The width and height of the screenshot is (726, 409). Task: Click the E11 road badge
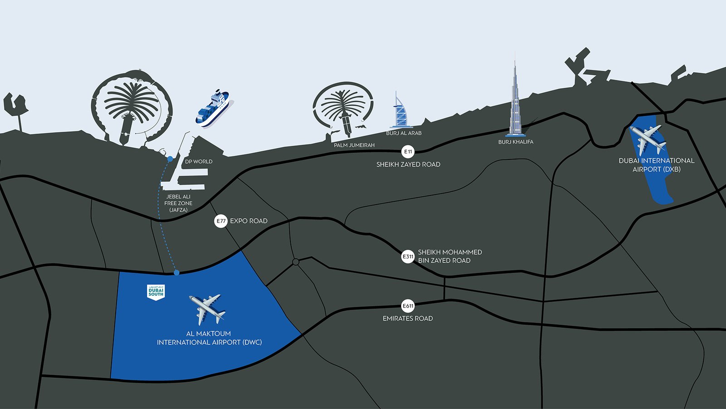coord(408,152)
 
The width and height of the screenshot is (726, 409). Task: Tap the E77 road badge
coord(221,221)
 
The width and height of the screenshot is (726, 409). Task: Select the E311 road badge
coord(408,257)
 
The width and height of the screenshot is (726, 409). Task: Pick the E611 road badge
coord(408,306)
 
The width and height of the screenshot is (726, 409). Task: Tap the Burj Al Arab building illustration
coord(400,112)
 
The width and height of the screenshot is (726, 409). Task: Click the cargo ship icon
coord(212,108)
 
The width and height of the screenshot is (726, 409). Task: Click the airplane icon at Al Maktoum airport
coord(207,309)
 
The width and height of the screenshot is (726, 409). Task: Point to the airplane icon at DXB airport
coord(648,139)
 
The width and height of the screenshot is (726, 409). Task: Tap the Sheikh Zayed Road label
coord(408,165)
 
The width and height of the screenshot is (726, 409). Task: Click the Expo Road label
coord(249,221)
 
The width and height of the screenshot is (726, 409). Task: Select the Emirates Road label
coord(407,319)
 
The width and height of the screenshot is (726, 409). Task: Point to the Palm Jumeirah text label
coord(354,145)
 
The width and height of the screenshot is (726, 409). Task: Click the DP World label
coord(199,162)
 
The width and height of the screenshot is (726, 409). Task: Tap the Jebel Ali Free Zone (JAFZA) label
coord(178,203)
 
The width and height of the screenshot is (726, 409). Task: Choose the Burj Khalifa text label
coord(515,142)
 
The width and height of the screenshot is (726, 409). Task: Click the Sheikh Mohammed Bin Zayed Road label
coord(450,256)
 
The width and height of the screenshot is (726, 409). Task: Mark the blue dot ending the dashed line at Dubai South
coord(177,273)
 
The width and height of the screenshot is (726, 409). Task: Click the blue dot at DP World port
coord(170,159)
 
